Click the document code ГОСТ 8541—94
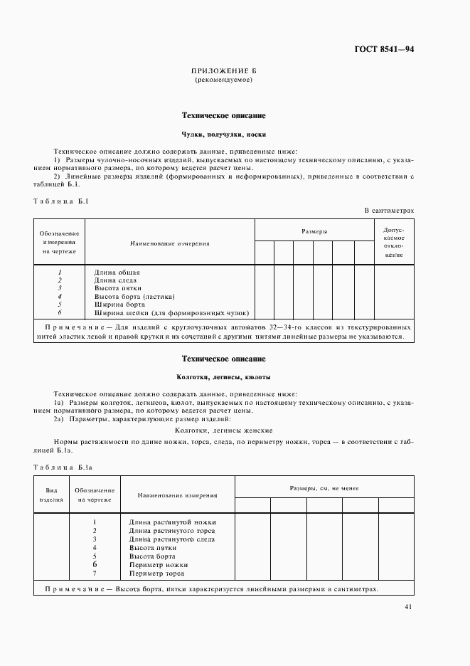(x=383, y=49)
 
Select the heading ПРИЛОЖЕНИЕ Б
(x=223, y=72)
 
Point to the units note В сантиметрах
(x=389, y=211)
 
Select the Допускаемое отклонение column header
(x=393, y=243)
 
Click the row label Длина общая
(x=117, y=273)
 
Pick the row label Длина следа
(x=117, y=280)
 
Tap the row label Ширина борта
(x=119, y=305)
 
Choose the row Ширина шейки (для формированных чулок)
(x=171, y=312)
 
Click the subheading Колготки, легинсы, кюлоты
(x=223, y=376)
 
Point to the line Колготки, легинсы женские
(x=223, y=430)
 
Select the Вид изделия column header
(x=51, y=495)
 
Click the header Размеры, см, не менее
(x=324, y=488)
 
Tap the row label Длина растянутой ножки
(x=171, y=523)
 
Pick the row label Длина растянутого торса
(x=171, y=531)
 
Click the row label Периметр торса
(x=156, y=573)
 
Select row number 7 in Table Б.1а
(x=95, y=573)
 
